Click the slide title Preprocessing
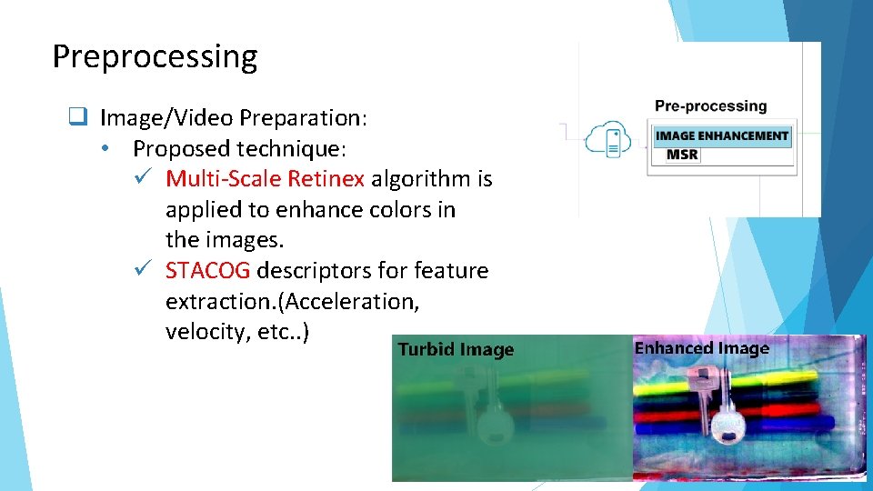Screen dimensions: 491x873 click(x=155, y=56)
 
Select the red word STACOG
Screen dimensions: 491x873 click(x=207, y=271)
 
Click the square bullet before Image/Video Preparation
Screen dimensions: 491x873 click(x=78, y=117)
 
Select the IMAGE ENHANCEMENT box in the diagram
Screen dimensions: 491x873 click(x=722, y=136)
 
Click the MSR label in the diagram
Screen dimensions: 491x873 click(x=682, y=155)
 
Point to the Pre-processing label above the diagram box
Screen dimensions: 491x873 click(x=710, y=106)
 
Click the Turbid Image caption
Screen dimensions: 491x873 click(x=456, y=350)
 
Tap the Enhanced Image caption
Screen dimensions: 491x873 click(x=701, y=348)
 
